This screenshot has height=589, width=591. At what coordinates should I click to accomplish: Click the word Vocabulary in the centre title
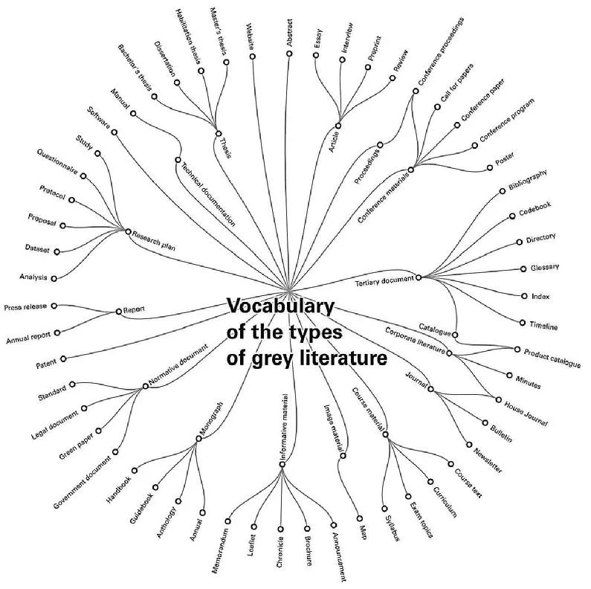click(x=281, y=306)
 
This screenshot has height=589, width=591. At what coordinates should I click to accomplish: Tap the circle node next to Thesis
click(x=219, y=134)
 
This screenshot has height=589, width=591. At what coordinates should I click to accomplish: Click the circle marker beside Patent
click(x=64, y=359)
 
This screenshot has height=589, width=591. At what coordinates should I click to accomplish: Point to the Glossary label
click(x=544, y=268)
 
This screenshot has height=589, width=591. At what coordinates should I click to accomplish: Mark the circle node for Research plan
click(x=128, y=232)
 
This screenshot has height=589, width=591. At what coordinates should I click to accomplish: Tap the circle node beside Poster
click(x=488, y=167)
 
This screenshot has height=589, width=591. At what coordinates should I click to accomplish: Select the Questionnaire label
click(x=58, y=161)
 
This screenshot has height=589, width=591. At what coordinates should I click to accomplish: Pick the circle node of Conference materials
click(x=410, y=170)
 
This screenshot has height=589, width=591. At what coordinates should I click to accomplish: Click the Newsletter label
click(x=484, y=459)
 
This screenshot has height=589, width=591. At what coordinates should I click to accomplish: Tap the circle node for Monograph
click(x=198, y=439)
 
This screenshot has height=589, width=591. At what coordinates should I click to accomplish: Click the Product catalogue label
click(x=552, y=358)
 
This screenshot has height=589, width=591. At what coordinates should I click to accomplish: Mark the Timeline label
click(x=543, y=325)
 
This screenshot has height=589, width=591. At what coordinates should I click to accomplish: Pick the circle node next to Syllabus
click(x=385, y=510)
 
